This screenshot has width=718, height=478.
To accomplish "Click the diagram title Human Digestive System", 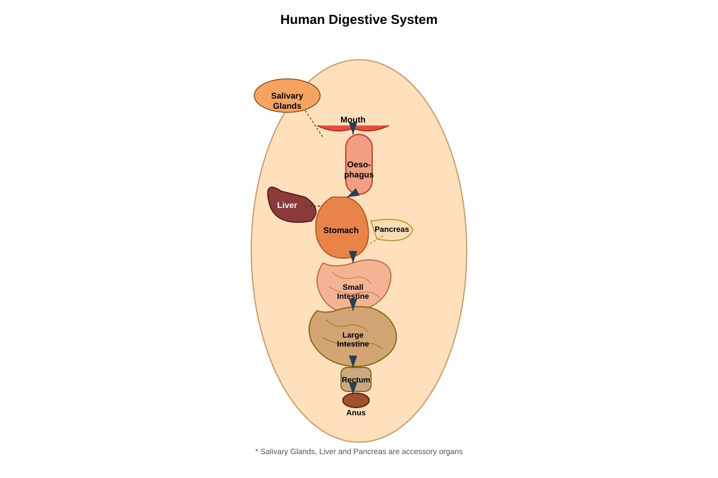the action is point(358,20).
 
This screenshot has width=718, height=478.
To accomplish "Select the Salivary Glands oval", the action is point(287,96).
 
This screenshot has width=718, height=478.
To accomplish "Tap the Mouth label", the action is point(352,119).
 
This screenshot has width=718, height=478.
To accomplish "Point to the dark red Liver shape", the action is point(288,205).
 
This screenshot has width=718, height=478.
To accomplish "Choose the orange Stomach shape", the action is point(342,227).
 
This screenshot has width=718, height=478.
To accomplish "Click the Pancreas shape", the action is point(392,229).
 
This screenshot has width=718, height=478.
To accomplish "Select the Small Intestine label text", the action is point(352,292).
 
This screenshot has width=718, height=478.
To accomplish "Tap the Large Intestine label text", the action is point(352,339).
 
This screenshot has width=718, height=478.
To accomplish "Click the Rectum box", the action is point(356,379).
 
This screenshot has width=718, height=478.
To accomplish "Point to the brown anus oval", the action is point(356,400).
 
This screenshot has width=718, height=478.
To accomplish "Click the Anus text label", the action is point(356,413).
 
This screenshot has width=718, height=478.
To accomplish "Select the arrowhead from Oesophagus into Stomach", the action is point(353,193).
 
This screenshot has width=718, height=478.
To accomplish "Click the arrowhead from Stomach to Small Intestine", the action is point(352,257).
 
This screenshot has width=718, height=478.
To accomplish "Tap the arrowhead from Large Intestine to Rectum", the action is point(352,361).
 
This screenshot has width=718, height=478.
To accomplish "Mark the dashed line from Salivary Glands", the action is point(314,124).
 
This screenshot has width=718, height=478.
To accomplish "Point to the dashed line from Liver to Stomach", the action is point(312,206).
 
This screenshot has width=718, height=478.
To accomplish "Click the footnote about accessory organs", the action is point(358,452).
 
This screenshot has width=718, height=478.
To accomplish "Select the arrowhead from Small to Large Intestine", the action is point(352,305).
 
